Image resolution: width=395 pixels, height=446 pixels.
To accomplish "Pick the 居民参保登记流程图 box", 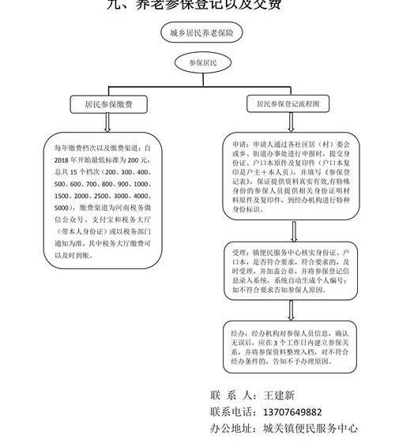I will tap(288, 103).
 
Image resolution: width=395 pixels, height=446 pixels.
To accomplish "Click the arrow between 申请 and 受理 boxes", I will tap(293, 230).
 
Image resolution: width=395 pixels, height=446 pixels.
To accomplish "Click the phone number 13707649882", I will tap(294, 411).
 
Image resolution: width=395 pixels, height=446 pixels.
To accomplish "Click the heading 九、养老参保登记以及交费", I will tap(197, 5).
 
